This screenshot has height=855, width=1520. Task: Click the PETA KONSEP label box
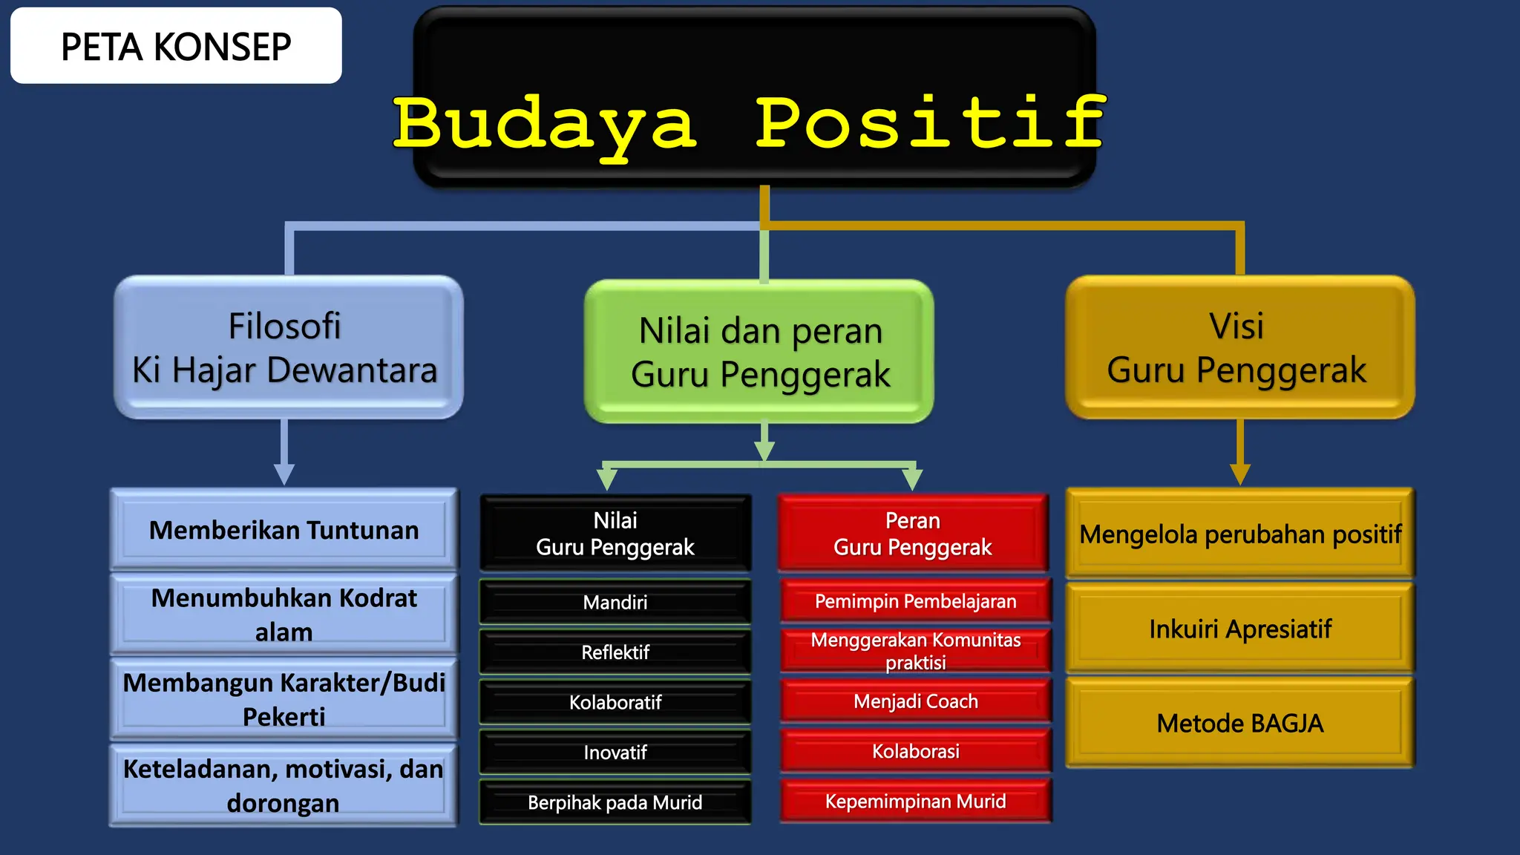click(176, 46)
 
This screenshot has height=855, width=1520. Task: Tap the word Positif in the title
click(931, 122)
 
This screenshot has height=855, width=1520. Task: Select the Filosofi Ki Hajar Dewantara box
click(288, 347)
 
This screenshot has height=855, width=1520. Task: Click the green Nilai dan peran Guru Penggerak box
click(759, 352)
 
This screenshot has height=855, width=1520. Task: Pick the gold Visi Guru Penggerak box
click(1239, 347)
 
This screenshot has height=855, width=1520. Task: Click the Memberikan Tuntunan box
click(284, 530)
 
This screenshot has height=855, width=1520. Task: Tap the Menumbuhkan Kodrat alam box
click(284, 615)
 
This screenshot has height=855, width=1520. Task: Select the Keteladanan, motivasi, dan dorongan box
click(284, 785)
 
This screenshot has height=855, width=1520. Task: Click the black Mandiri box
click(615, 602)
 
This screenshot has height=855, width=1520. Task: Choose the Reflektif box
click(615, 652)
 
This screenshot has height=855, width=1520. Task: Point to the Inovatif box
click(615, 753)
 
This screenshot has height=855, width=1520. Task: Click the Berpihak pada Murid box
click(615, 802)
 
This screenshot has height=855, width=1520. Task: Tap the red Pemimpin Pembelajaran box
click(915, 601)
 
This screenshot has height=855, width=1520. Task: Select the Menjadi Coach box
click(915, 701)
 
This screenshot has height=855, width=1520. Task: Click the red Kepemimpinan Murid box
click(915, 802)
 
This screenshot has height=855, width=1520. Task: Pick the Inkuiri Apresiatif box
click(1240, 629)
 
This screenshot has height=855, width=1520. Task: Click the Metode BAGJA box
click(1240, 723)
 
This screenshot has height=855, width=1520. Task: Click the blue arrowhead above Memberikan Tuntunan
click(284, 474)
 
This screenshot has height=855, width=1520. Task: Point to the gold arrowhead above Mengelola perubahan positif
click(1240, 474)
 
